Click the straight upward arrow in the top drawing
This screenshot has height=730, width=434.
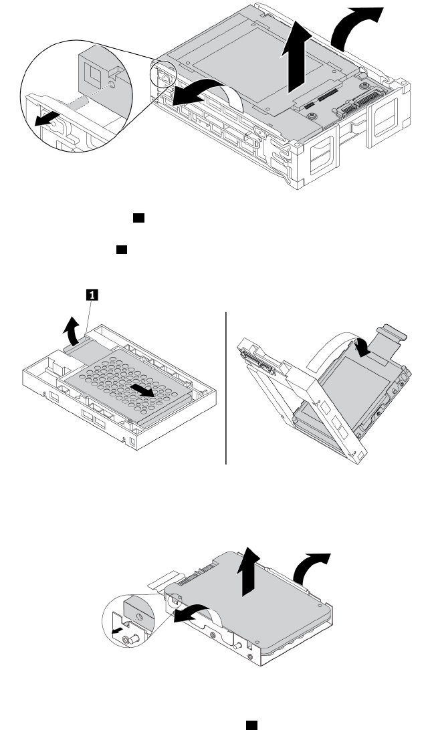click(x=294, y=64)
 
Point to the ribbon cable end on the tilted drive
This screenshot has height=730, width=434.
click(x=395, y=334)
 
